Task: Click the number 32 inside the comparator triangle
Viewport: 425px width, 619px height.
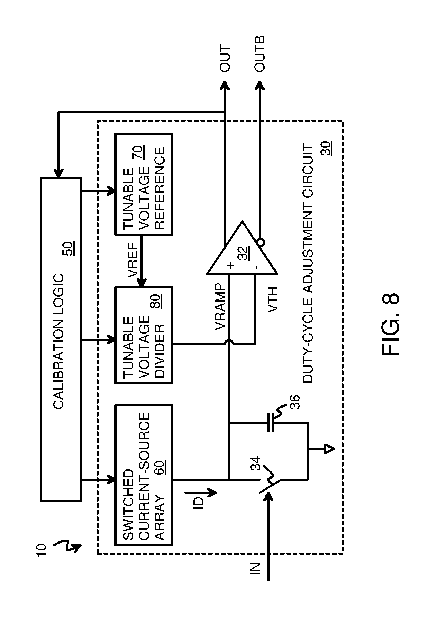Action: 244,253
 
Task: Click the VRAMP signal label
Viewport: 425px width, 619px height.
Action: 220,307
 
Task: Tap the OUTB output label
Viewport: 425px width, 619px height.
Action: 260,54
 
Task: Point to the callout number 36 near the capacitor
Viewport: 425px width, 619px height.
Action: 295,402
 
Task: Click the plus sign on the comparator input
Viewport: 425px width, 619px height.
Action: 231,265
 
